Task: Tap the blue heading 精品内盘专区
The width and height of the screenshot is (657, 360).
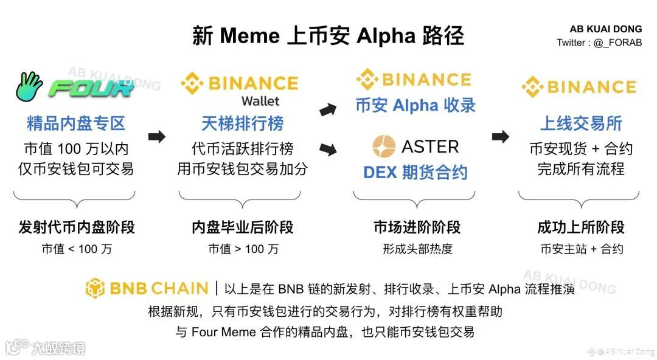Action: pyautogui.click(x=76, y=123)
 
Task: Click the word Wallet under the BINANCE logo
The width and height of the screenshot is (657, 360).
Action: pyautogui.click(x=260, y=100)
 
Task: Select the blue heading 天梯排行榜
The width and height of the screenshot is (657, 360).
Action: pyautogui.click(x=243, y=123)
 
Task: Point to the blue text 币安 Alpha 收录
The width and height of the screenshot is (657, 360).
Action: pyautogui.click(x=415, y=105)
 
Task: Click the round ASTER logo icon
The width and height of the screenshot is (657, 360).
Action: pyautogui.click(x=384, y=147)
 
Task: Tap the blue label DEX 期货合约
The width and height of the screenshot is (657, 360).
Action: pyautogui.click(x=415, y=172)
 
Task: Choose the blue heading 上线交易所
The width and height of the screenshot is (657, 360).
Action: pyautogui.click(x=581, y=123)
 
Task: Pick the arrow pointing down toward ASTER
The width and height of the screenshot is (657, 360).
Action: pyautogui.click(x=328, y=148)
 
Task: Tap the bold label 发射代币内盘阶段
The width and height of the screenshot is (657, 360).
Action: pyautogui.click(x=77, y=227)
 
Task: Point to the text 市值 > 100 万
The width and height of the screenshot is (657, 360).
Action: pyautogui.click(x=243, y=249)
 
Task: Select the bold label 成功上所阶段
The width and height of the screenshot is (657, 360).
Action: pyautogui.click(x=581, y=227)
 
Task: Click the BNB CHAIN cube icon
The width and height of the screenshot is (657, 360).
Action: pyautogui.click(x=96, y=288)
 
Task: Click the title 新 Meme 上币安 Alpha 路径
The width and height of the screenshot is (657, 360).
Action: pyautogui.click(x=328, y=36)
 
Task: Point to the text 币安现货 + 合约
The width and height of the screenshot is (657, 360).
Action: pyautogui.click(x=581, y=149)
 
